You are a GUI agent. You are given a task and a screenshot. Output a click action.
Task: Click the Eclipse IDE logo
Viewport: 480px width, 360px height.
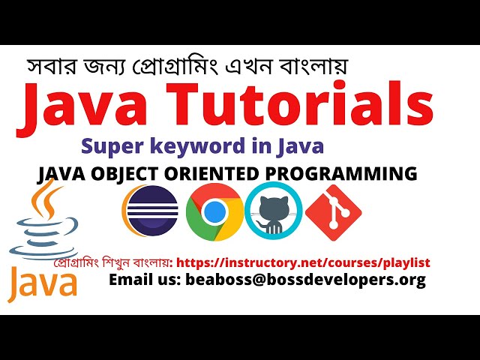coord(149,211)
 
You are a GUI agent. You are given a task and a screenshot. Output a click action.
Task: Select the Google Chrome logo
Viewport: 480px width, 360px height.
coord(213,211)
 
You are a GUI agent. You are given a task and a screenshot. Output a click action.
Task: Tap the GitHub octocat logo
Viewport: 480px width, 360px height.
coord(273,210)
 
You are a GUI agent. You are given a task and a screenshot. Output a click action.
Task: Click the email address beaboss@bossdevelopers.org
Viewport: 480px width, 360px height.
coord(309,280)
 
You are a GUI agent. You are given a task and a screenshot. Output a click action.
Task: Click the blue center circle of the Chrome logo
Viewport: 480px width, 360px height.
coord(213,212)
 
